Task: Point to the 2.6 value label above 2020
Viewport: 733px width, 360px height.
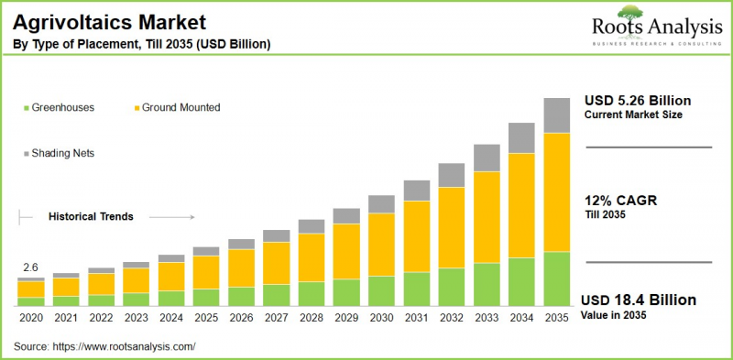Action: point(30,267)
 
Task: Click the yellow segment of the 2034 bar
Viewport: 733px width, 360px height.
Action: point(521,205)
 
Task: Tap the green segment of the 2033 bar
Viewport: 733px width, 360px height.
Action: point(487,283)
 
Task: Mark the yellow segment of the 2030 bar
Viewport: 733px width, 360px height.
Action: point(381,244)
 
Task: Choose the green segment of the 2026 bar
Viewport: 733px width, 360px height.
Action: point(241,295)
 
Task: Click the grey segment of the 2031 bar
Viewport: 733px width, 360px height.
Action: point(416,191)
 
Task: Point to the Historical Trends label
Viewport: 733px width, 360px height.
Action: point(91,217)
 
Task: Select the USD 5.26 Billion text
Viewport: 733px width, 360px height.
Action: point(638,100)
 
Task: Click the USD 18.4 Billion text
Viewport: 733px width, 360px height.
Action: point(640,300)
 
